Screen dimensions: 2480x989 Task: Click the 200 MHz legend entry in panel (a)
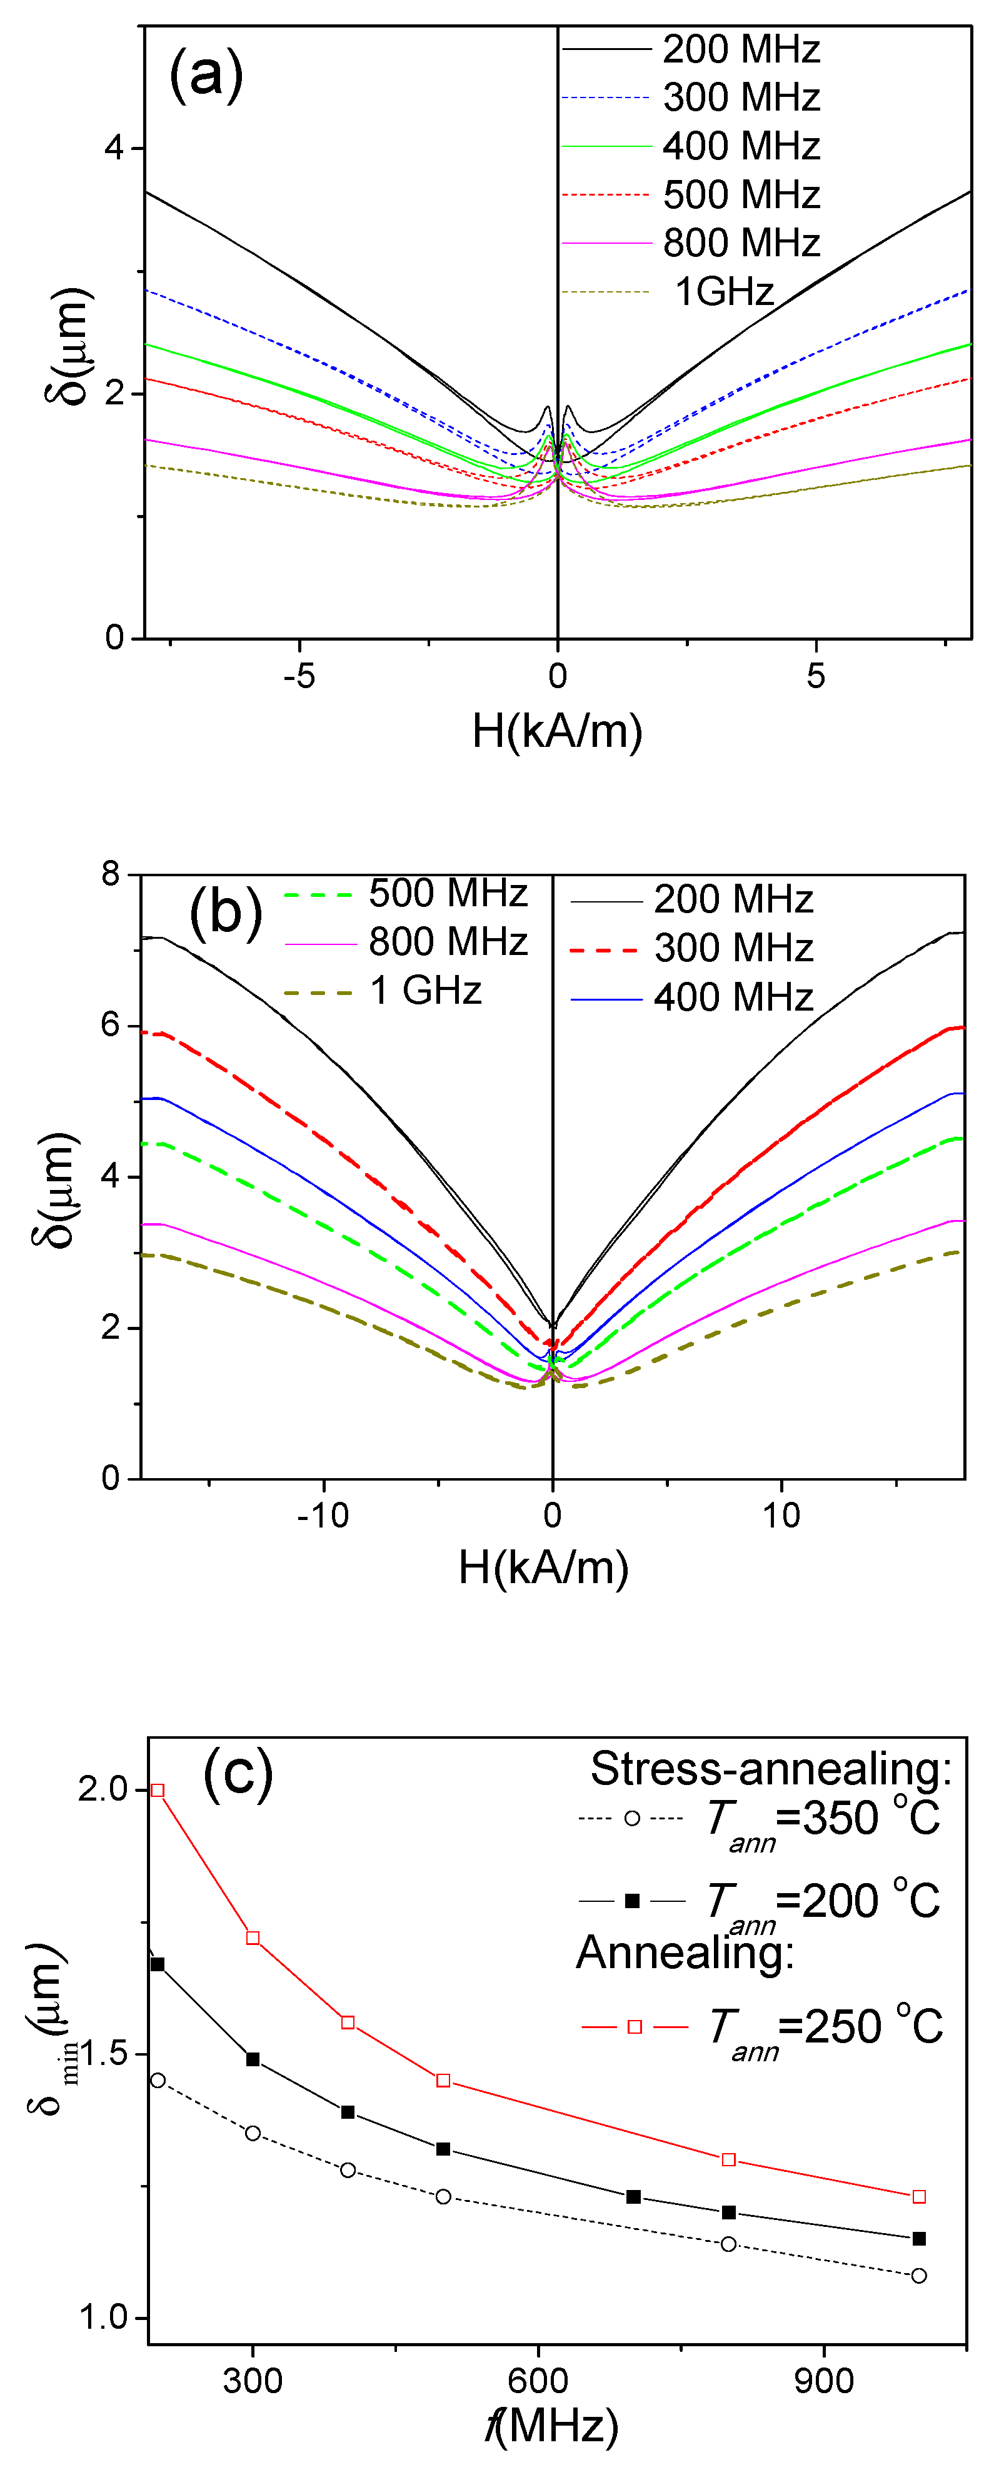point(741,49)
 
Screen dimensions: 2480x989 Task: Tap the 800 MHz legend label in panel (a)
point(741,242)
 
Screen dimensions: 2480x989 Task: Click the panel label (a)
point(205,74)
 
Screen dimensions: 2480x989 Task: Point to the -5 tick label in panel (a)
point(299,676)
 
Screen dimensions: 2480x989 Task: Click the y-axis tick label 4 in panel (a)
point(114,148)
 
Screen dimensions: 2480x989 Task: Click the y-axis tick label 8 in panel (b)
point(111,874)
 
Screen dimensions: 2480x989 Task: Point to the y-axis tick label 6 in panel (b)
point(111,1024)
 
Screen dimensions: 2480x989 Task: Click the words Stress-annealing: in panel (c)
point(770,1769)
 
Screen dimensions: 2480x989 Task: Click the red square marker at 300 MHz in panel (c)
point(253,1938)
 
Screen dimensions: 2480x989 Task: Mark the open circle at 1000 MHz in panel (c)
point(919,2276)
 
